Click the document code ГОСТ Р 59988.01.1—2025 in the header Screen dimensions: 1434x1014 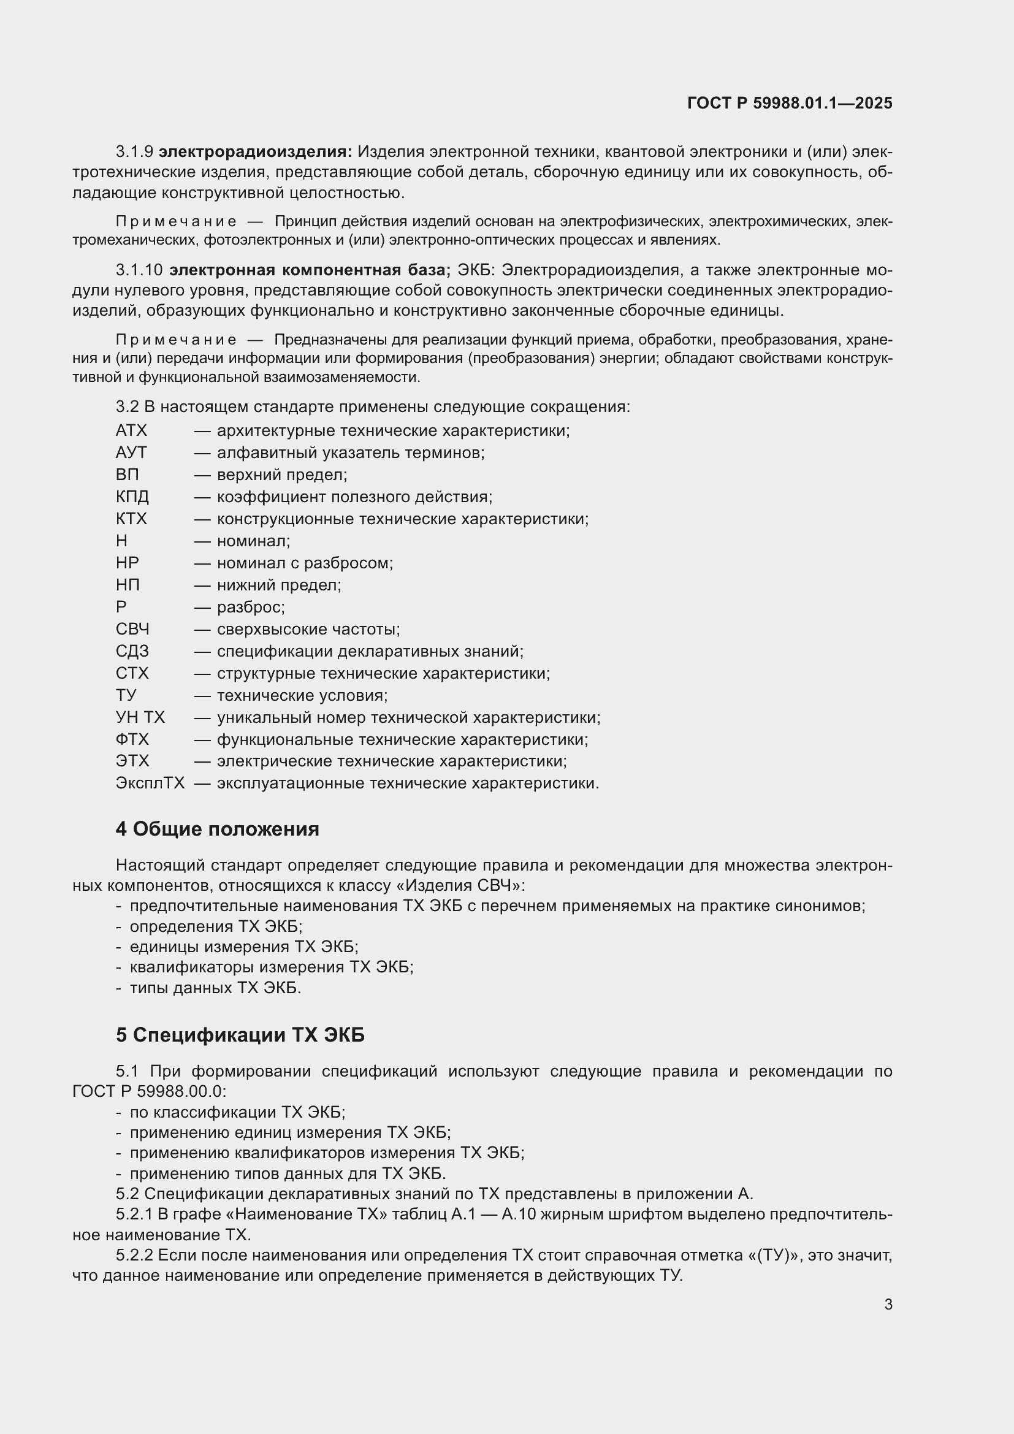click(x=789, y=103)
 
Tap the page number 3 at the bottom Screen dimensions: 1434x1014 click(x=888, y=1304)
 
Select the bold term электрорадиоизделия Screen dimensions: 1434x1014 click(x=256, y=152)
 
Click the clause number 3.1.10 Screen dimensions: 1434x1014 click(x=139, y=270)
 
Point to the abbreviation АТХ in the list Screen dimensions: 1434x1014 click(x=131, y=430)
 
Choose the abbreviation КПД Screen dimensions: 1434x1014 click(x=132, y=497)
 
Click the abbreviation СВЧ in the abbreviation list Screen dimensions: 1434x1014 click(x=132, y=629)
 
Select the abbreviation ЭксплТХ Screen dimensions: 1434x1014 click(x=150, y=782)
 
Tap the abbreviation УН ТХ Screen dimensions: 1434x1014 click(x=140, y=717)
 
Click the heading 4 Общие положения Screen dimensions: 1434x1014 click(x=217, y=829)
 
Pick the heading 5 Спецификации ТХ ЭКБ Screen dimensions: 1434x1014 click(x=240, y=1035)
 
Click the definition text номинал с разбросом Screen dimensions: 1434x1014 click(x=305, y=563)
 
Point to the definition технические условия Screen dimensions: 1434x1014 click(x=302, y=695)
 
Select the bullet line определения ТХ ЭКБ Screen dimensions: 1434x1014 click(x=215, y=926)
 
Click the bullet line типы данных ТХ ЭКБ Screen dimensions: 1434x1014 click(x=215, y=988)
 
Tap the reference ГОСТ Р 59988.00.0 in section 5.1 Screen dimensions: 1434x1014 click(x=148, y=1091)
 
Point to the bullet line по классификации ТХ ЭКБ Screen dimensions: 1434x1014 click(x=237, y=1112)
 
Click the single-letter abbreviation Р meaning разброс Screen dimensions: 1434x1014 click(x=121, y=606)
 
